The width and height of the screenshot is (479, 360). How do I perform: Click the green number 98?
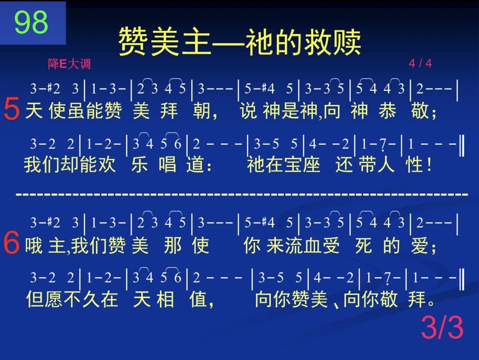tap(31, 22)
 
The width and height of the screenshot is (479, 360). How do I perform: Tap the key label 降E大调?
tap(69, 64)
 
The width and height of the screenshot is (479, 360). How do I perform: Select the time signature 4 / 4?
tap(421, 63)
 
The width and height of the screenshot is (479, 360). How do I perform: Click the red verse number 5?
tap(12, 109)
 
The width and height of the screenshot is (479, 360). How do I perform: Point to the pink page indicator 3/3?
tap(443, 327)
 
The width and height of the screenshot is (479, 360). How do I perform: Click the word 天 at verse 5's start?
tap(34, 110)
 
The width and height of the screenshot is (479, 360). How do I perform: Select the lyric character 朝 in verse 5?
tap(202, 110)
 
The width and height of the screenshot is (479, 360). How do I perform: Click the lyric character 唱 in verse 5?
tap(167, 164)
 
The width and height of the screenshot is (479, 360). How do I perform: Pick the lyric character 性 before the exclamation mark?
tap(414, 164)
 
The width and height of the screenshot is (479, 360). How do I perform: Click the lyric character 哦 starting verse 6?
tap(34, 245)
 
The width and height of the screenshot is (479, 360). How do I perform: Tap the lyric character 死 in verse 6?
tap(363, 245)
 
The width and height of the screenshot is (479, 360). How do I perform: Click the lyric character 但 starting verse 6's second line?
tap(35, 299)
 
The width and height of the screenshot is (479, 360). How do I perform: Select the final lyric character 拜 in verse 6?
tap(417, 299)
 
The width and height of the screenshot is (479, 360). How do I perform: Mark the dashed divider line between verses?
tap(242, 194)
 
